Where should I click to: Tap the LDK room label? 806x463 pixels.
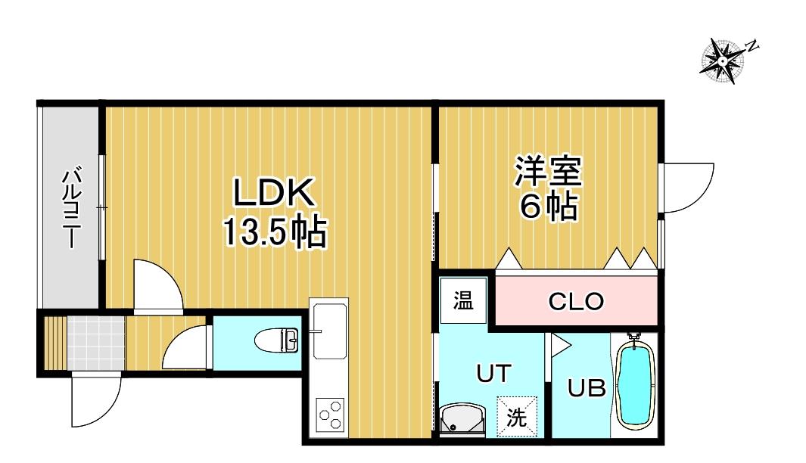[274, 193]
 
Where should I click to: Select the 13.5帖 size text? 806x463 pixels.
[274, 232]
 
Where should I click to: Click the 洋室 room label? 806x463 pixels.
[548, 171]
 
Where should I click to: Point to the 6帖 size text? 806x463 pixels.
[548, 207]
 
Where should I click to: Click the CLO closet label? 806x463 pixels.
[576, 302]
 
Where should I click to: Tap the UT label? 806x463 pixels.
[493, 374]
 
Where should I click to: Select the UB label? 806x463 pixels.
[587, 388]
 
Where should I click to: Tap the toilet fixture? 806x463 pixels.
[277, 340]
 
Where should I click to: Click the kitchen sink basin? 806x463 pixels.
[329, 331]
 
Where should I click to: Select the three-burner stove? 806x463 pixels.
[329, 413]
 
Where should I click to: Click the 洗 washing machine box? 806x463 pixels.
[517, 417]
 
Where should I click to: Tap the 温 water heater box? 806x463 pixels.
[463, 300]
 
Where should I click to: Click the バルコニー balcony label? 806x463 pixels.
[71, 207]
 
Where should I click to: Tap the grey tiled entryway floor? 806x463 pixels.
[96, 343]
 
